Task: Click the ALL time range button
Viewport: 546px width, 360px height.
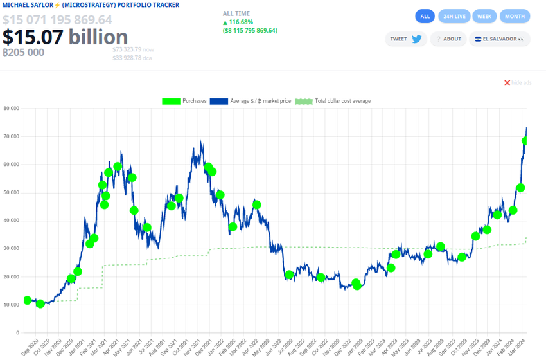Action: point(425,16)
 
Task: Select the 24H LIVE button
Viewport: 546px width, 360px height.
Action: point(455,16)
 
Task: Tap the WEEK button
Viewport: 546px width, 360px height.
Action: point(485,16)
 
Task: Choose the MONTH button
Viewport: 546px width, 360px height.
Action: point(515,16)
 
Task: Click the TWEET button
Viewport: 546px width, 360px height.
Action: point(406,39)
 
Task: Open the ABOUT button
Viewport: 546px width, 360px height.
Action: point(448,39)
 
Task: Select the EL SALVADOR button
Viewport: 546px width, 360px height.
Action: point(500,39)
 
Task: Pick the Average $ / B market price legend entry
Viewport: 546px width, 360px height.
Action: point(251,101)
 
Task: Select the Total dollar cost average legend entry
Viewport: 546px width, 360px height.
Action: point(333,101)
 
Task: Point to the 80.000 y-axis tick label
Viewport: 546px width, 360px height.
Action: point(11,108)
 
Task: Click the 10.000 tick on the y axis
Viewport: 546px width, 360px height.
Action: point(11,305)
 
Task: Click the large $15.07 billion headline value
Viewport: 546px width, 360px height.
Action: point(65,37)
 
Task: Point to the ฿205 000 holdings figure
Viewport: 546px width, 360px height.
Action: point(24,53)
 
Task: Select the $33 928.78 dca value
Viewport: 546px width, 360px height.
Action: point(127,58)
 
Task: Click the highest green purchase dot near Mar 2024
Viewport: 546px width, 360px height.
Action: point(525,141)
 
